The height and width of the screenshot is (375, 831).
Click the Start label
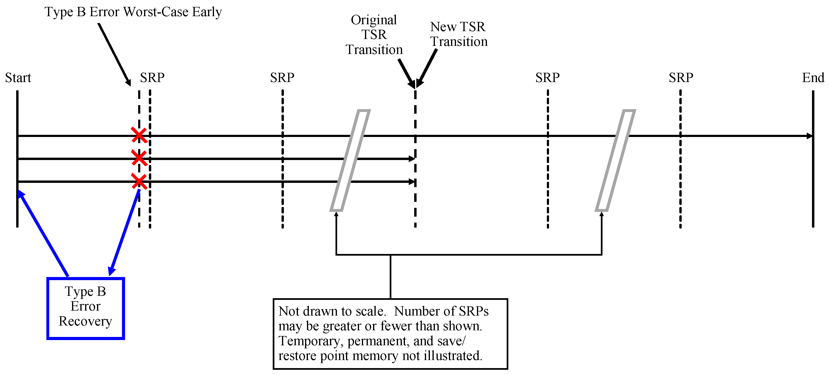pyautogui.click(x=18, y=78)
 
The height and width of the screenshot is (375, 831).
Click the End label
pyautogui.click(x=813, y=78)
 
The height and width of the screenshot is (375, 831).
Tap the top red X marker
pyautogui.click(x=139, y=135)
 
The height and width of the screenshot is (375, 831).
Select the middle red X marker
pyautogui.click(x=139, y=158)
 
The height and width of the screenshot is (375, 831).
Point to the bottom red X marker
pyautogui.click(x=139, y=181)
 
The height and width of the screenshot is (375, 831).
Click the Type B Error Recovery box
pyautogui.click(x=86, y=308)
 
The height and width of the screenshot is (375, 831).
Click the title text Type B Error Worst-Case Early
pyautogui.click(x=133, y=12)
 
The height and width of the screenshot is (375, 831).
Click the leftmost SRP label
pyautogui.click(x=152, y=78)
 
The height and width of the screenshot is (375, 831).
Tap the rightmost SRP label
pyautogui.click(x=681, y=78)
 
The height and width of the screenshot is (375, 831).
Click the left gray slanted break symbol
pyautogui.click(x=350, y=160)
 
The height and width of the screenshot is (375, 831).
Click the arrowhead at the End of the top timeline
pyautogui.click(x=809, y=136)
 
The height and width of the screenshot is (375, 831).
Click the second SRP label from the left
pyautogui.click(x=282, y=78)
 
